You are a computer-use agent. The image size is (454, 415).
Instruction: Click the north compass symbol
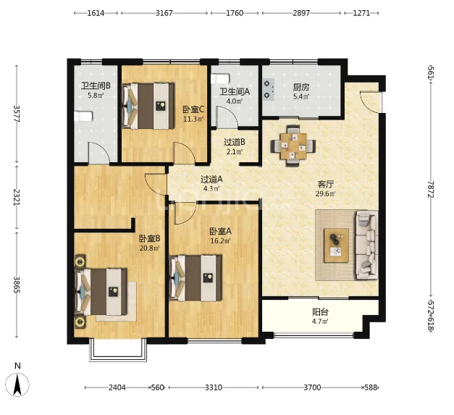click(17, 385)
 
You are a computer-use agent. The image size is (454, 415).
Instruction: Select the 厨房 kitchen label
click(300, 87)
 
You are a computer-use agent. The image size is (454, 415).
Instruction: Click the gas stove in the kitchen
click(269, 90)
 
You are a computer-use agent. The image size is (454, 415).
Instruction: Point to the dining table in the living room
click(293, 146)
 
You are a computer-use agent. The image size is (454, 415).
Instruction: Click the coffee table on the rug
click(336, 246)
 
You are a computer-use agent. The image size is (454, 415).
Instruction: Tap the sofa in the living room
click(367, 245)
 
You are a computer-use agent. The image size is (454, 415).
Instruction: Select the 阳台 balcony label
click(320, 312)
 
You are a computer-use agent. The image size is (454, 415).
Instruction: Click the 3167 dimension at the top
click(164, 13)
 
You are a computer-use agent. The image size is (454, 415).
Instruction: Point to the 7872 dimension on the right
click(431, 190)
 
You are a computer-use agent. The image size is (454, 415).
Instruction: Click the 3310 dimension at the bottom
click(214, 387)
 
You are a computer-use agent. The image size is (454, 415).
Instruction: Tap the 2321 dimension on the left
click(17, 197)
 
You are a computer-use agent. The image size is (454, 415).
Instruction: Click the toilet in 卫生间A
click(220, 79)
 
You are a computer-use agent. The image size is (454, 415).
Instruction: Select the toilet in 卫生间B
click(83, 117)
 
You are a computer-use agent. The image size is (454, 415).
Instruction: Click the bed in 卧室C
click(148, 106)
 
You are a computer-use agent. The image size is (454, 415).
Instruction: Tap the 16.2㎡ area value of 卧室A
click(220, 240)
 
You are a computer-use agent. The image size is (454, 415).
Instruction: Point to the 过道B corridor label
click(235, 142)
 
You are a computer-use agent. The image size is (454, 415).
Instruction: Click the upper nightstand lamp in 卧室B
click(80, 261)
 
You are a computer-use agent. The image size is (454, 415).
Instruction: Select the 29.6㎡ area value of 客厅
click(325, 194)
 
